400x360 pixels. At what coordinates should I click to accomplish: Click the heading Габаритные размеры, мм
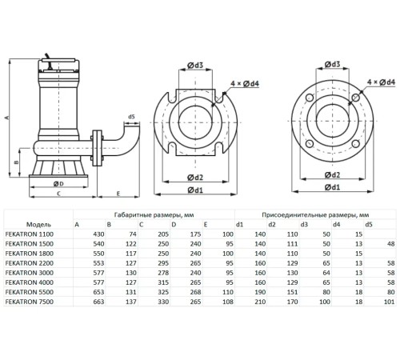[150, 214]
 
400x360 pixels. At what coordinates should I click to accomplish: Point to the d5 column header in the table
[369, 225]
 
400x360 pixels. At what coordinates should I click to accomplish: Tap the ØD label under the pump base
[58, 183]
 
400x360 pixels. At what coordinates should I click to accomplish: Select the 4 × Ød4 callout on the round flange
[378, 82]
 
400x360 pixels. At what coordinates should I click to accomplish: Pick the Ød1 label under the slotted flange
[194, 190]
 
